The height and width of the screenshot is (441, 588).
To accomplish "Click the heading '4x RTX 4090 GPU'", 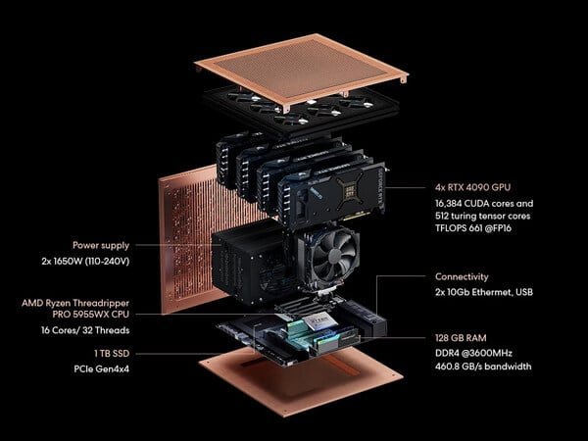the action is [473, 187].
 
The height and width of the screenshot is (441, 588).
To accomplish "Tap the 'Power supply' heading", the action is [101, 246].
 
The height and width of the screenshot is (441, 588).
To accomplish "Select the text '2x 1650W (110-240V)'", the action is [85, 261].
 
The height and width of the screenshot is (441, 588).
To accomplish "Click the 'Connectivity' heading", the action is [462, 276].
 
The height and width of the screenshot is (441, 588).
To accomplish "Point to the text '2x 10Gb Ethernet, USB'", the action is [484, 292].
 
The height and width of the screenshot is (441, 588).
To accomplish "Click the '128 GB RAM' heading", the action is [461, 338].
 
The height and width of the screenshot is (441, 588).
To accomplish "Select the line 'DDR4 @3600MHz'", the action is [473, 353].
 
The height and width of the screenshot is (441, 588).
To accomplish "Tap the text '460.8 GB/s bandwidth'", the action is [483, 367].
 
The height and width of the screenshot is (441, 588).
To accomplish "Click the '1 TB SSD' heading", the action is [112, 353].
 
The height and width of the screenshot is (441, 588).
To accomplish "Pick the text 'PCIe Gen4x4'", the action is [101, 369].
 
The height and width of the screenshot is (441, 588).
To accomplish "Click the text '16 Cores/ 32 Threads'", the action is [85, 330].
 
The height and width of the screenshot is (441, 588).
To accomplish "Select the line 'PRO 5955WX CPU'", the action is [90, 315].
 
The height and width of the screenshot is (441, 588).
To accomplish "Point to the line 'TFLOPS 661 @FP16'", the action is [473, 228].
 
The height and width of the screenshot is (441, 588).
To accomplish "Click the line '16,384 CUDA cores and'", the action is [484, 204].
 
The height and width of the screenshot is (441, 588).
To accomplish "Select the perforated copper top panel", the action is [301, 69].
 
